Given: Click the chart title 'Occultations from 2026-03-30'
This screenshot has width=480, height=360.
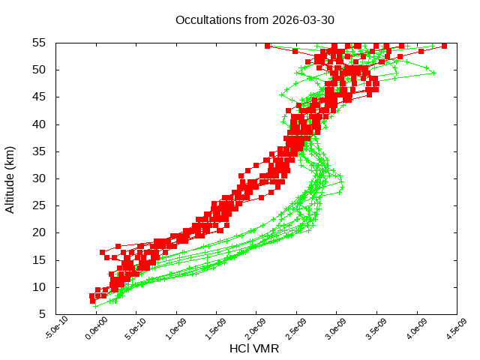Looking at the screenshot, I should click(254, 19).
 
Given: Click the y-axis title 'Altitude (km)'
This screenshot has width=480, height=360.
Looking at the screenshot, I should click(10, 178).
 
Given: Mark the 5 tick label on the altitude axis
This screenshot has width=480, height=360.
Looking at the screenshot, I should click(44, 314).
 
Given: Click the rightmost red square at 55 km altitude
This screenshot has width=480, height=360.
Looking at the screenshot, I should click(445, 46).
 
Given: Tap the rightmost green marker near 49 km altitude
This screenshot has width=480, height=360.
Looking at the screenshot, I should click(433, 73).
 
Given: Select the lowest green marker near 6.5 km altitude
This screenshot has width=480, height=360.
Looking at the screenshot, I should click(95, 306).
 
